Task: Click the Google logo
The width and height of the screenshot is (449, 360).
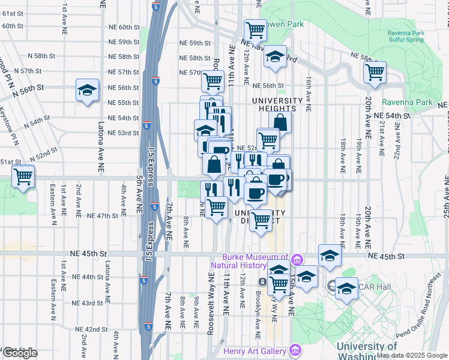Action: click(20, 353)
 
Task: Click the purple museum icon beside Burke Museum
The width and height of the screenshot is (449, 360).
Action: click(297, 260)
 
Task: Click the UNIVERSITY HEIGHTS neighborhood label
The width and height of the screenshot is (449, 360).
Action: click(274, 104)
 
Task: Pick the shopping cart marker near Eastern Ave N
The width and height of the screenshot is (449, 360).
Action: click(23, 177)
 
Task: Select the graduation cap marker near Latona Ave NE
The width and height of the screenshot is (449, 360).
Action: click(87, 91)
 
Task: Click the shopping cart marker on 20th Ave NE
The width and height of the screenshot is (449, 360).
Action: click(375, 72)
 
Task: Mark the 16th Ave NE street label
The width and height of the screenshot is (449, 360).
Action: click(308, 94)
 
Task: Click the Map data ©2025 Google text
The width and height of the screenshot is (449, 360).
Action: click(411, 355)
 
